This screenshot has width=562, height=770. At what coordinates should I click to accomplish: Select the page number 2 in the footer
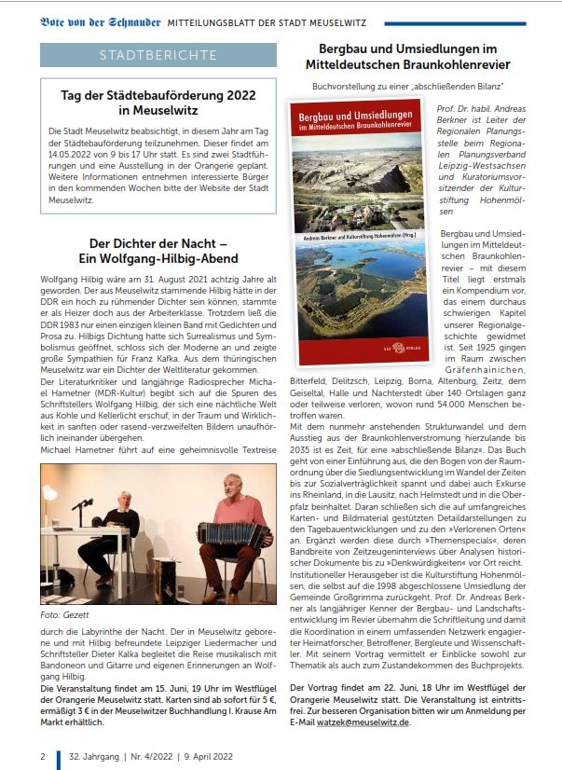(x=43, y=755)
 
